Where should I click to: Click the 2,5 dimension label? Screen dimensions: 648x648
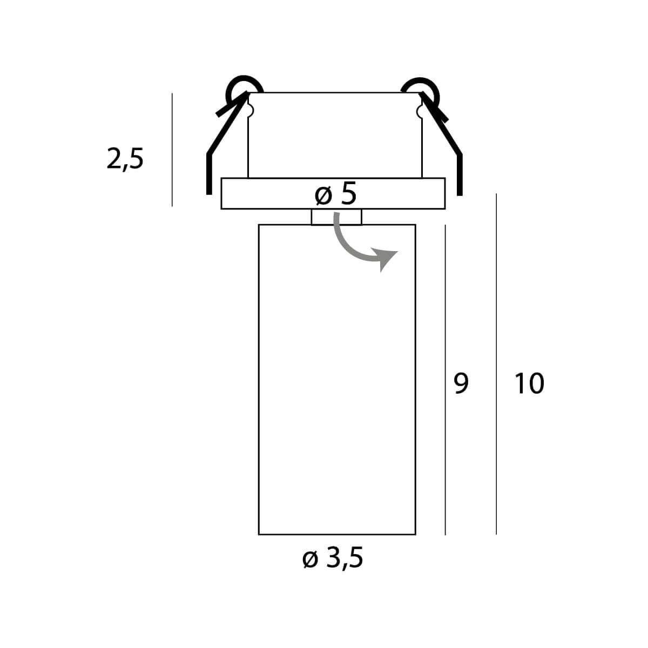[125, 159]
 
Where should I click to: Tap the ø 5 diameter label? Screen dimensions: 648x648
[335, 194]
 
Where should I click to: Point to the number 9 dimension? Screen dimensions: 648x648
[461, 384]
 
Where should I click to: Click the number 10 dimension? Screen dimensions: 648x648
[529, 384]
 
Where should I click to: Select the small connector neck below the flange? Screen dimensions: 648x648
[336, 217]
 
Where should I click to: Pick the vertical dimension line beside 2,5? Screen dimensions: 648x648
[172, 150]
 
